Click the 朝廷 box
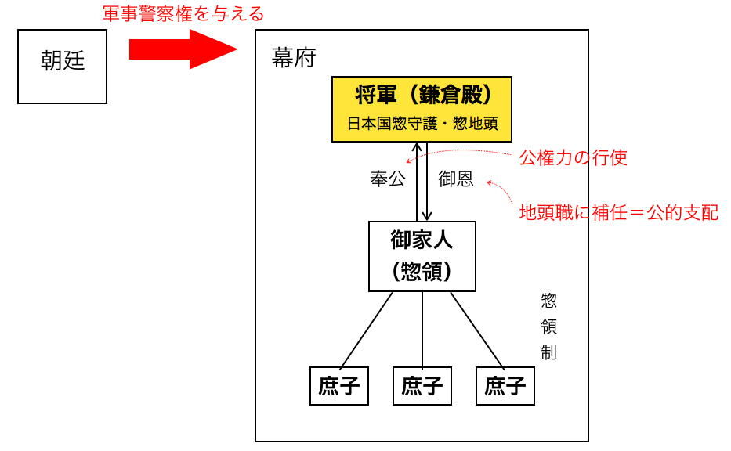[63, 62]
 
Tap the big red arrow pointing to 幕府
[182, 50]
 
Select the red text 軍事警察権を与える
[183, 13]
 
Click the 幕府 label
[294, 59]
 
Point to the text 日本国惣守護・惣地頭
[422, 124]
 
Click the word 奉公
[389, 179]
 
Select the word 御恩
[455, 179]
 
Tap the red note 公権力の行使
[574, 157]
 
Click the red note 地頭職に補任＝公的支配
[619, 212]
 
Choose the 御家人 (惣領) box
[422, 256]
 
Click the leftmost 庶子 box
[339, 385]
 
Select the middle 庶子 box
[422, 385]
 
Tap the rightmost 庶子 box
[505, 385]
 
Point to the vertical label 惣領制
[548, 327]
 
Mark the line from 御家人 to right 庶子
[476, 329]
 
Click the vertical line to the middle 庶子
[422, 329]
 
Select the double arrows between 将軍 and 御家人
[422, 181]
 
